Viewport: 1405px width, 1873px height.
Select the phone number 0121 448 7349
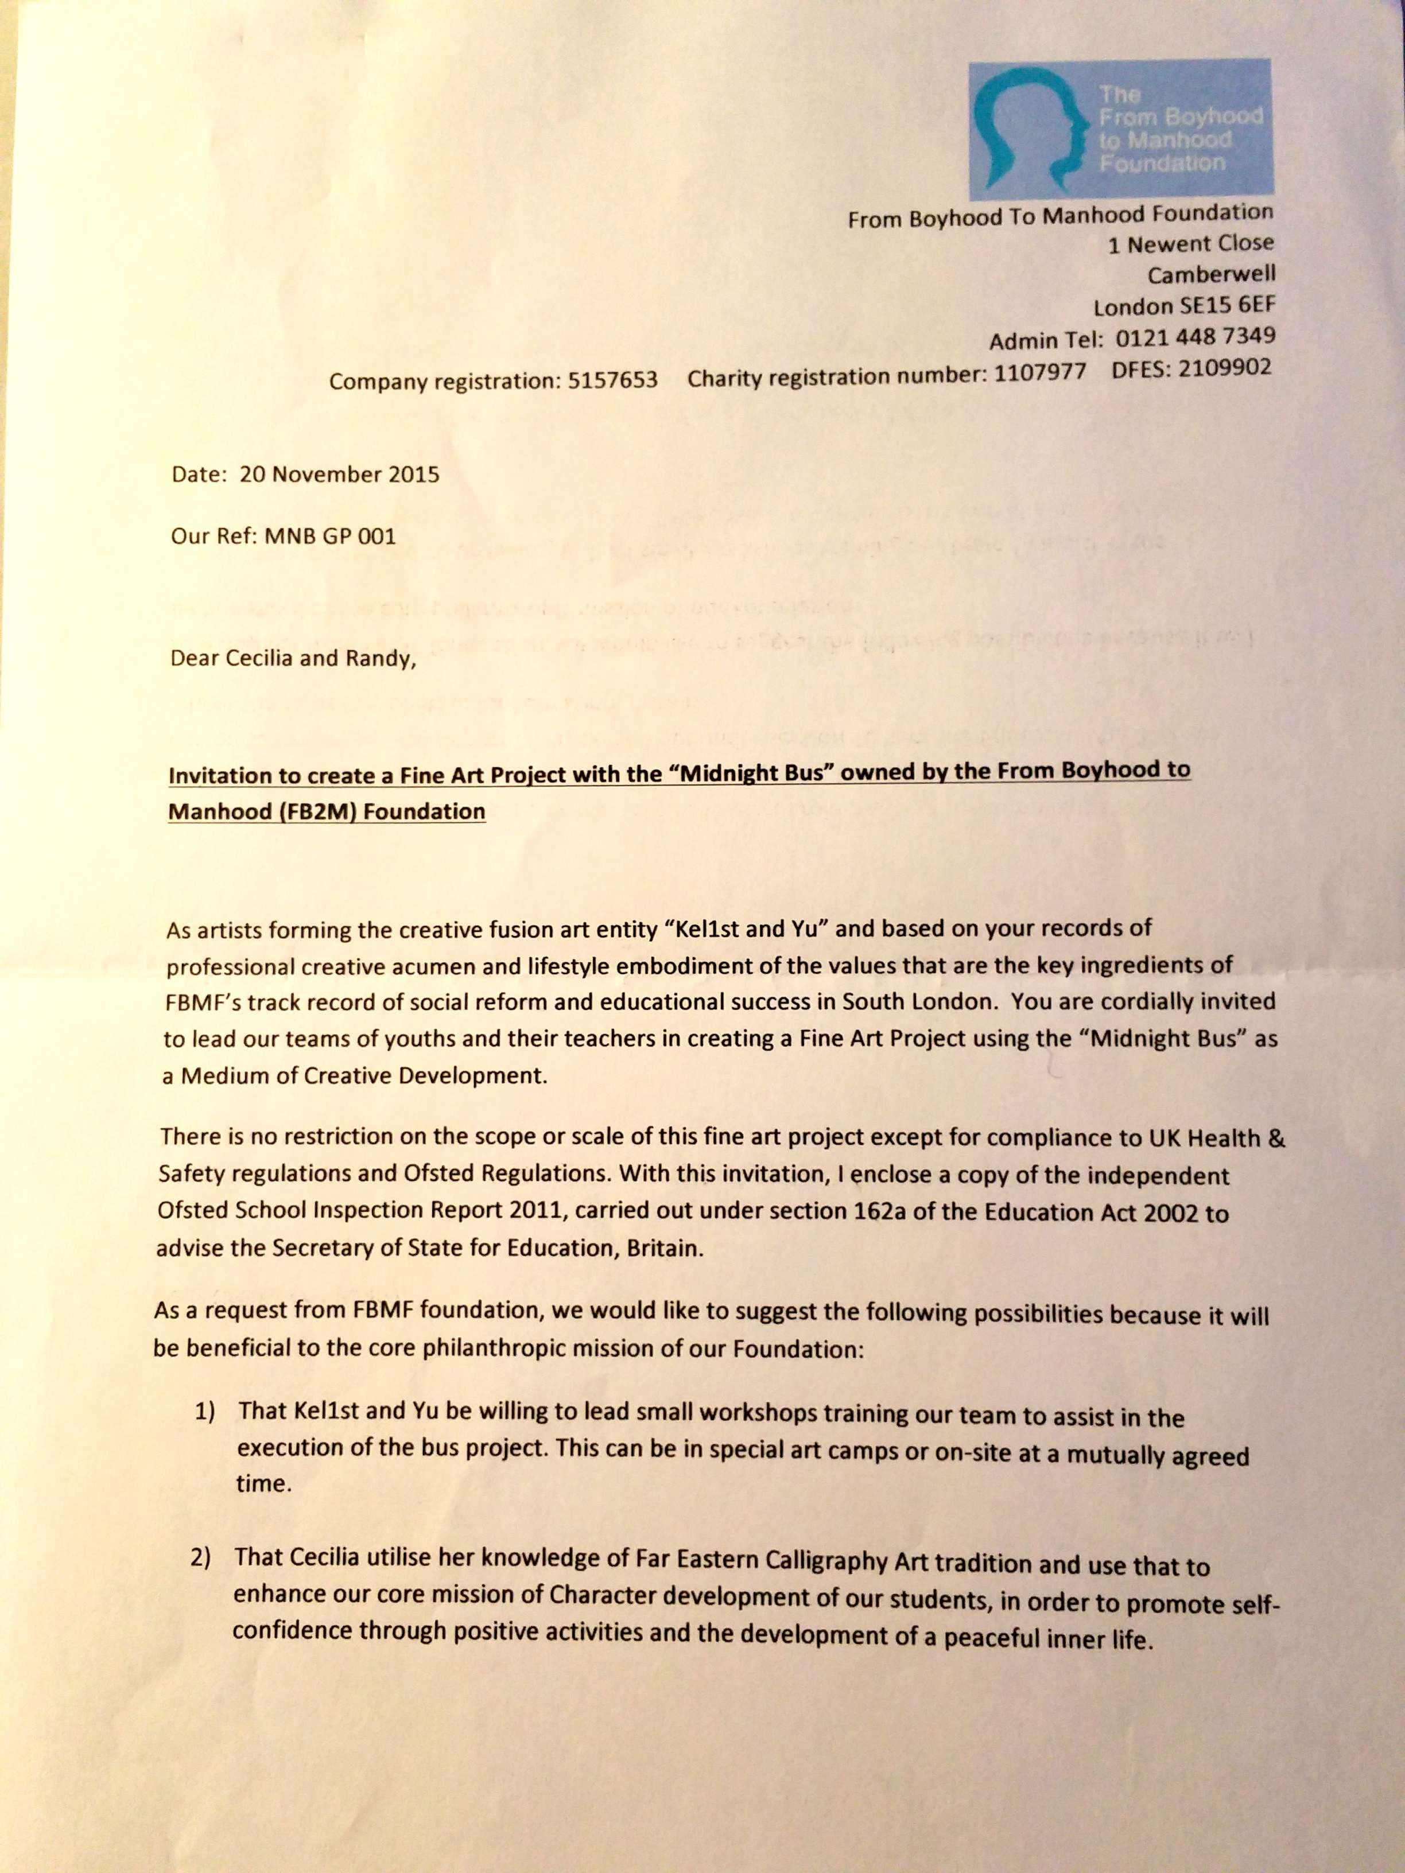(1195, 337)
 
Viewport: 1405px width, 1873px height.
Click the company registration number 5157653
(612, 380)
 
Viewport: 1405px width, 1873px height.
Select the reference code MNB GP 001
(330, 536)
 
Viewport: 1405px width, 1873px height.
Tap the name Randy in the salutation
(377, 659)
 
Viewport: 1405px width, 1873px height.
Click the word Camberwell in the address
(1211, 274)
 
